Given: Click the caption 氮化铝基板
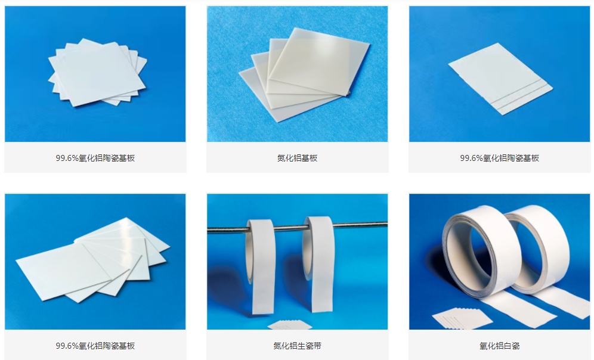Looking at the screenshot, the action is (297, 158).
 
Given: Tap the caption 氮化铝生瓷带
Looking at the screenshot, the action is (297, 346).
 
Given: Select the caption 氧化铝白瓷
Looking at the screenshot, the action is (499, 346).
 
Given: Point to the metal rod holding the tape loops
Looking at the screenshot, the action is (297, 228).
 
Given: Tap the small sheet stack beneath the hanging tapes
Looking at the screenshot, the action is (290, 325).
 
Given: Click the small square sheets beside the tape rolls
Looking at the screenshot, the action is (462, 318).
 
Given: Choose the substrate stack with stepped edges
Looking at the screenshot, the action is (500, 78).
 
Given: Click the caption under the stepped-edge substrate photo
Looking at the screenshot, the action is (499, 158).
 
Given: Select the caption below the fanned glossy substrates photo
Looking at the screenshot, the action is (95, 346).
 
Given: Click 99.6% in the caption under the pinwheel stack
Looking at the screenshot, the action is (67, 158).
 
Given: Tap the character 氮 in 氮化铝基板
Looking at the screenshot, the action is (281, 158).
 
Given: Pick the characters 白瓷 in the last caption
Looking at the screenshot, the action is (512, 346).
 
